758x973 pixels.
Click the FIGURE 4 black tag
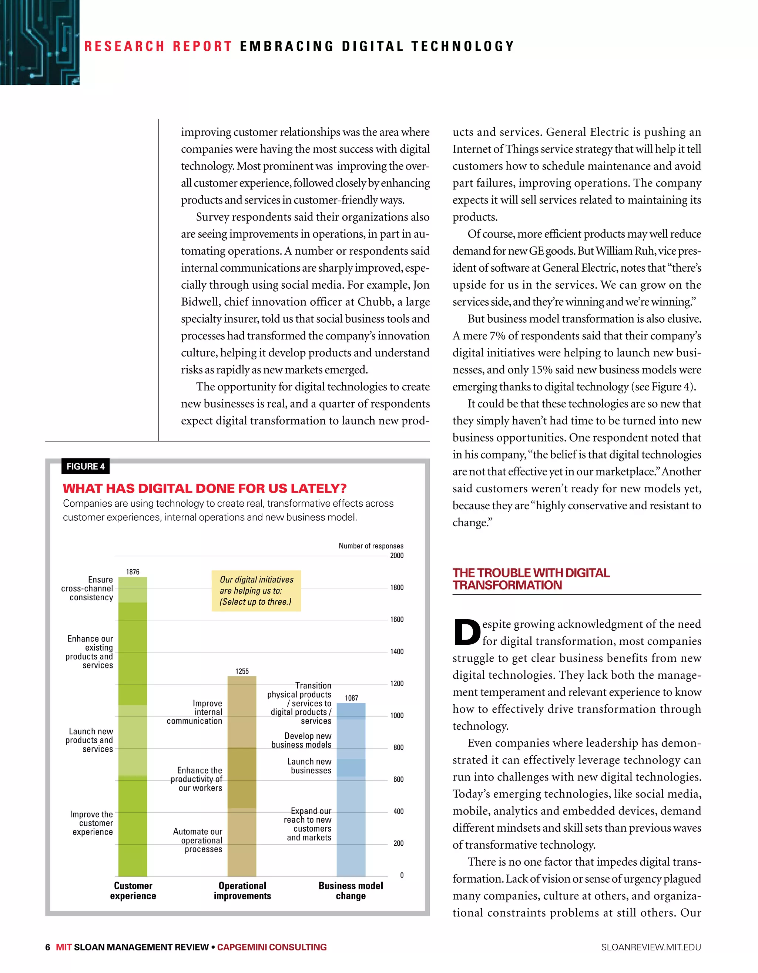tap(85, 466)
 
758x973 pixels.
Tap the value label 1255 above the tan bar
tap(242, 671)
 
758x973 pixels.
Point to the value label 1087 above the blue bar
tap(351, 698)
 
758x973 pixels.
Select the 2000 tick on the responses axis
tap(397, 556)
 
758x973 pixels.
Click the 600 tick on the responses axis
tap(398, 779)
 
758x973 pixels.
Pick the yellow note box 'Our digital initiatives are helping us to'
tap(256, 590)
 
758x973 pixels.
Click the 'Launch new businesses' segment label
tap(310, 766)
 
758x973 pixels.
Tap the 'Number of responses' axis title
tap(371, 546)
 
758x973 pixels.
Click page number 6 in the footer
tap(48, 947)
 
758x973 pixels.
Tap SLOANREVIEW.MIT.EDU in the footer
tap(651, 947)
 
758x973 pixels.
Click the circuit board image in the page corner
tap(39, 42)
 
